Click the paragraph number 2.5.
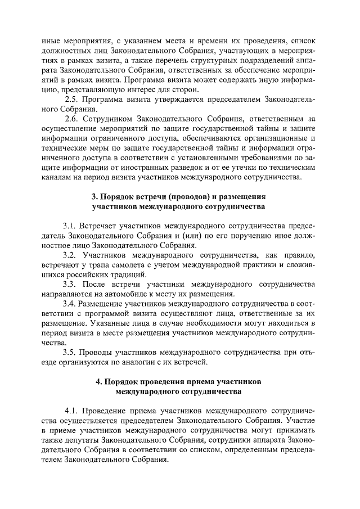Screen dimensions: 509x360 72,100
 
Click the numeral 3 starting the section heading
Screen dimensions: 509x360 94,197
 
